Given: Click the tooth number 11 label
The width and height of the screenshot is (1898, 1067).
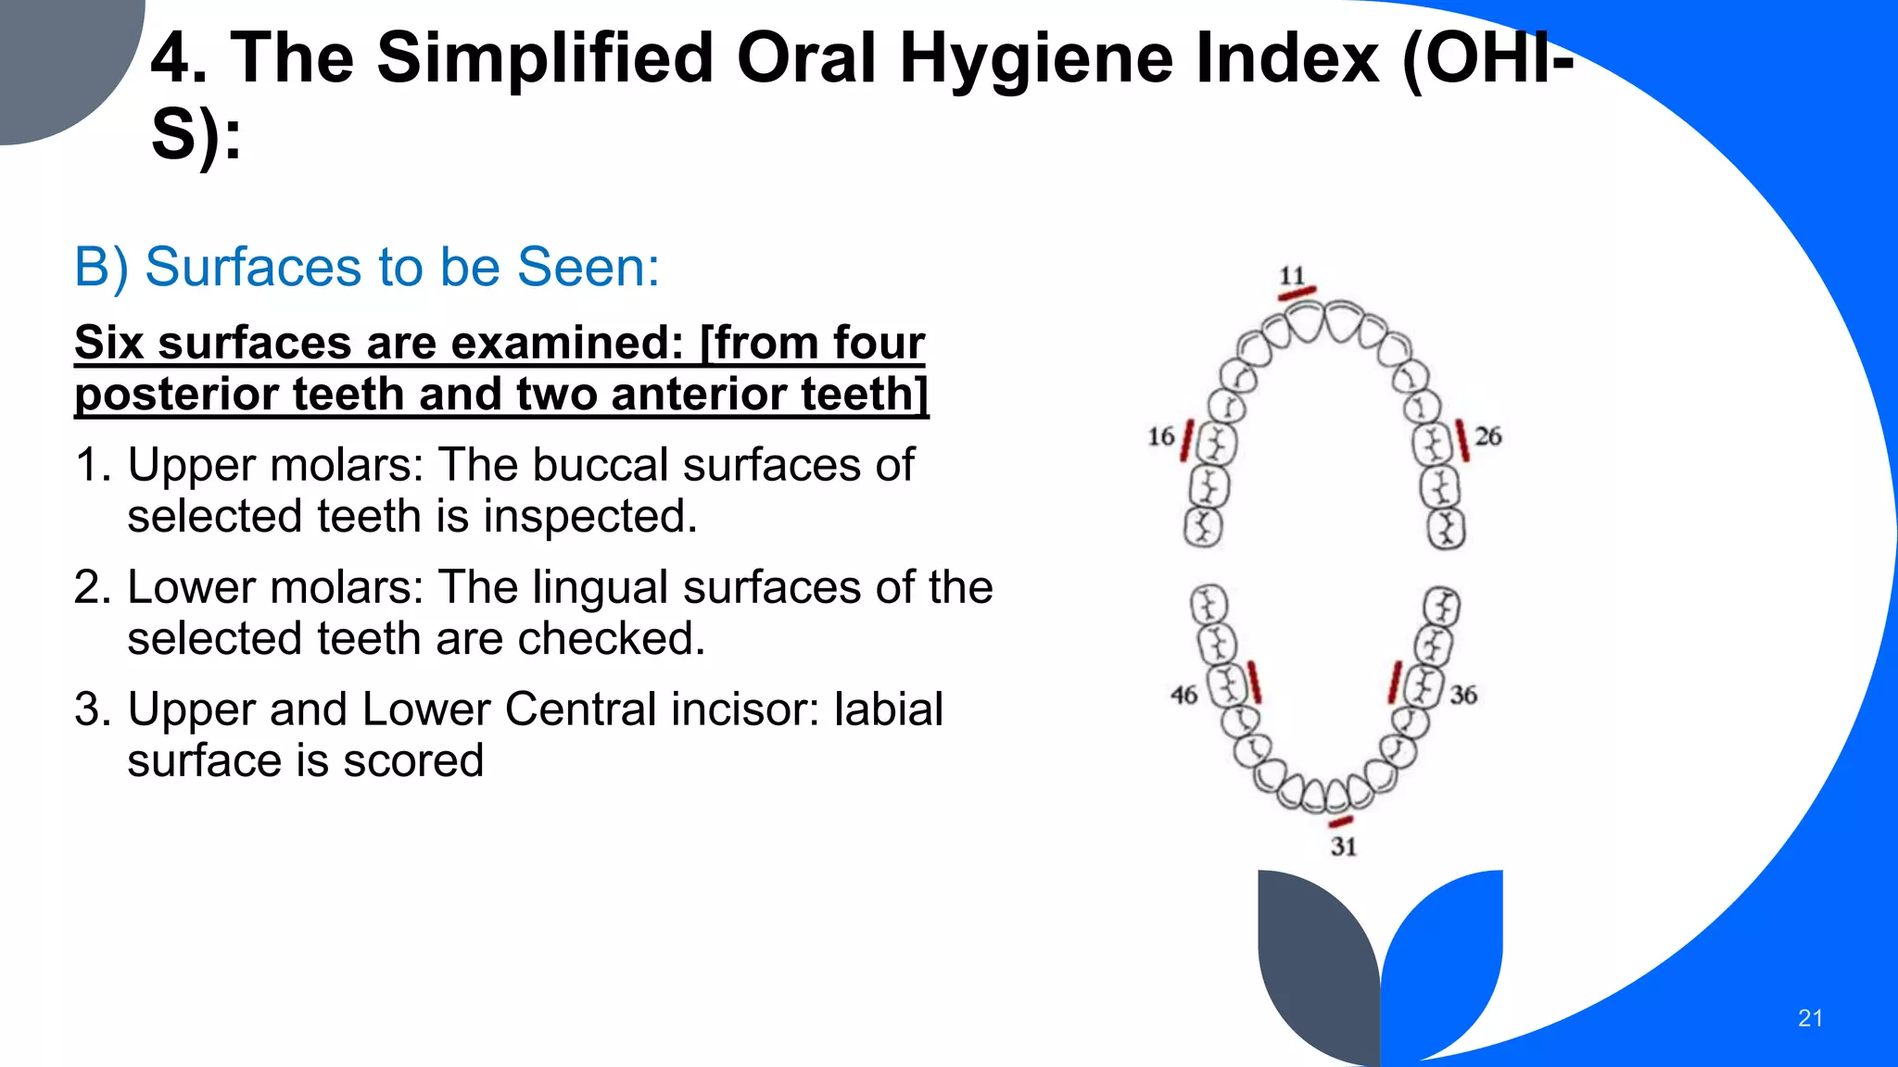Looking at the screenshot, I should [1292, 275].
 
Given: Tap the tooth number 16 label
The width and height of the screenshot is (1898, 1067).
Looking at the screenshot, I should [1160, 436].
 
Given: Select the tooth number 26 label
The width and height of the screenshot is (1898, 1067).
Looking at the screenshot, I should [1487, 436].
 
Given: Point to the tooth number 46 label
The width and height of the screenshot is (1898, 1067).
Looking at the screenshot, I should [1183, 695].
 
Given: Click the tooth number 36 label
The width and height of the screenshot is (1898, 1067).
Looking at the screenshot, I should [1463, 695].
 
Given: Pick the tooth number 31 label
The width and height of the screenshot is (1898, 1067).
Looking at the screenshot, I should [1343, 846].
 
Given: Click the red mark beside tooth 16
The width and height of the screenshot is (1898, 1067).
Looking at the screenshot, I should [1186, 441].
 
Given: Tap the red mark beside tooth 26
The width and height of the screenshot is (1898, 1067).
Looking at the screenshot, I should [1461, 440].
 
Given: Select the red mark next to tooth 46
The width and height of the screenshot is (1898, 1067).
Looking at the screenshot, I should [1254, 682].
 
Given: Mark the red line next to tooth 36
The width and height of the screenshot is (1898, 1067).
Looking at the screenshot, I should [1395, 683].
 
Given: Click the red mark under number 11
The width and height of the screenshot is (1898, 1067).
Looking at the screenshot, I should [1297, 294].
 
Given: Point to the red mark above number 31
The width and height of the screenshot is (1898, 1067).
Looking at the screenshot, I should [1340, 822].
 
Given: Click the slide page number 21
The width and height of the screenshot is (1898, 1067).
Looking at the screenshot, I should [1809, 1018].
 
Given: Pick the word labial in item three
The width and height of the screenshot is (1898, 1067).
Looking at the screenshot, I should [888, 709].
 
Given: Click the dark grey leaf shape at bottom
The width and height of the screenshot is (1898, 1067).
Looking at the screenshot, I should [1316, 963].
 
